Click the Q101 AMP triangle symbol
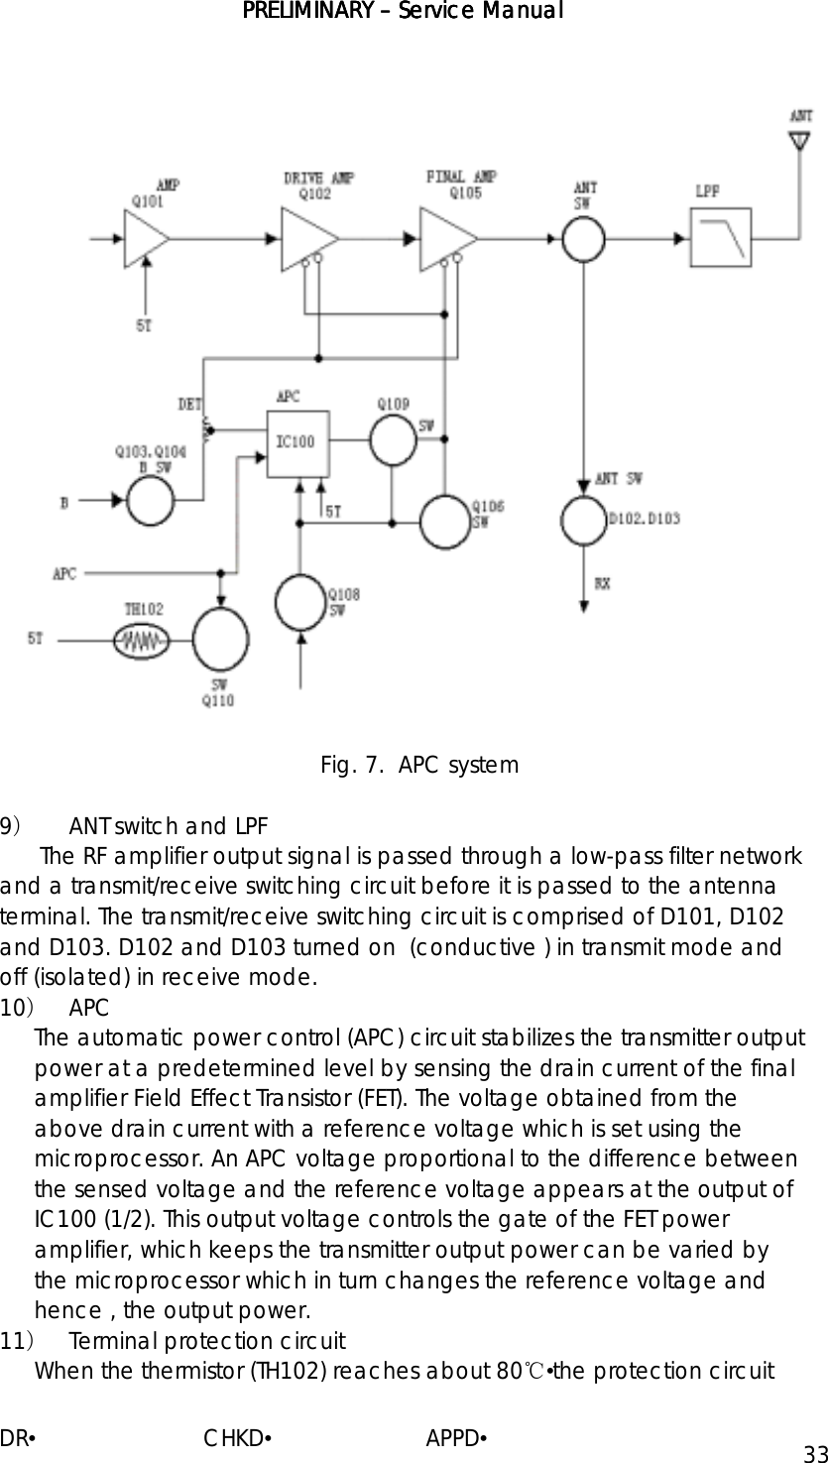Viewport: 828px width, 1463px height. coord(144,239)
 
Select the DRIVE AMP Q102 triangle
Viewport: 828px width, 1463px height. coord(307,239)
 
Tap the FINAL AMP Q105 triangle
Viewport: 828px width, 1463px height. coord(446,239)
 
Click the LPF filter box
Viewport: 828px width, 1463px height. coord(721,238)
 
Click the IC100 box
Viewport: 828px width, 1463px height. coord(297,441)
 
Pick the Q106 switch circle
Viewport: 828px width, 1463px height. coord(444,522)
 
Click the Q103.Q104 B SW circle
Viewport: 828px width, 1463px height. coord(151,502)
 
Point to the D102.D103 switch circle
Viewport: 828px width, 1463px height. coord(585,518)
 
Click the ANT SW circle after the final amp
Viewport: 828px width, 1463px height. coord(585,239)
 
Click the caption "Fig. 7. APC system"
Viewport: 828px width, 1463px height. coord(418,766)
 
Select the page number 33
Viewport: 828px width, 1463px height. coord(815,1453)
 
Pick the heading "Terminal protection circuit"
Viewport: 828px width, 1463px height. coord(207,1343)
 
